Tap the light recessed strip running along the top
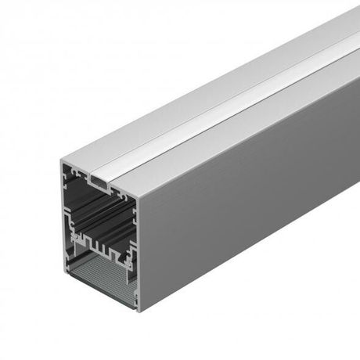click(227, 106)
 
